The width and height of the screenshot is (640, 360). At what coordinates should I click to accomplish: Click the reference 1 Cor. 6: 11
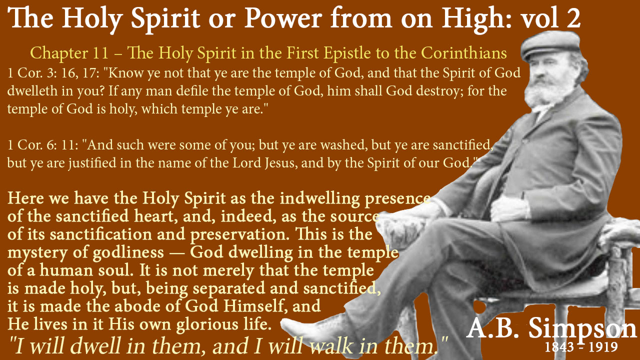click(x=43, y=145)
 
